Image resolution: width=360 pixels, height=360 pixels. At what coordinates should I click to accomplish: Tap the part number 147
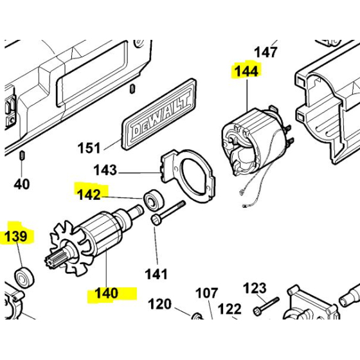tap(265, 51)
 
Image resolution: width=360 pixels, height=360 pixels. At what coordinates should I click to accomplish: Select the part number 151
tap(89, 148)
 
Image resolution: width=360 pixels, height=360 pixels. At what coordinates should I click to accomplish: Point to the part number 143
tap(105, 170)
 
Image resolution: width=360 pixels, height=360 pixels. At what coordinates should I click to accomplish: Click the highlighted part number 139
tap(16, 237)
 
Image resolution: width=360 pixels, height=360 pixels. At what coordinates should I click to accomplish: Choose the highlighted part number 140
tap(106, 293)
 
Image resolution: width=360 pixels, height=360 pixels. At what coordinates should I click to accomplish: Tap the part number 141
tap(156, 274)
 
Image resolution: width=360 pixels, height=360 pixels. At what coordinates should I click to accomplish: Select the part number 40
tap(22, 184)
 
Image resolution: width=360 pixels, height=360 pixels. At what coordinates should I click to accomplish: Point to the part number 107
tap(206, 294)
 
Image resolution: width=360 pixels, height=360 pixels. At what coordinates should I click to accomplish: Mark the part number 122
tap(229, 309)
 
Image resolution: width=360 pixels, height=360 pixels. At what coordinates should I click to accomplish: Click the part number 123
tap(255, 287)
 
